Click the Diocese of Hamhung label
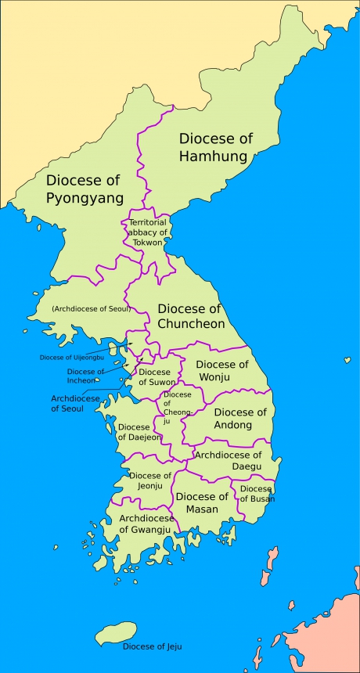tap(216, 147)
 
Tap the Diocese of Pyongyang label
tap(84, 189)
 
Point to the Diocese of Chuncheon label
tap(191, 316)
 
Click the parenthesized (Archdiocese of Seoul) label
tap(91, 309)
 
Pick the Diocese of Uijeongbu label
tap(72, 357)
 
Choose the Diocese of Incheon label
tap(85, 376)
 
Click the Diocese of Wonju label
tap(222, 371)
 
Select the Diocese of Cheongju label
tap(178, 405)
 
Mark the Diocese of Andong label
tap(240, 419)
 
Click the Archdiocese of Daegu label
tap(228, 460)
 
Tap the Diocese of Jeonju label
tap(150, 480)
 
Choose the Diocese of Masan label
tap(202, 502)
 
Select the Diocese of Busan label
tap(257, 494)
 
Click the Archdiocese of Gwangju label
tap(146, 524)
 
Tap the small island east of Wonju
tap(347, 361)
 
